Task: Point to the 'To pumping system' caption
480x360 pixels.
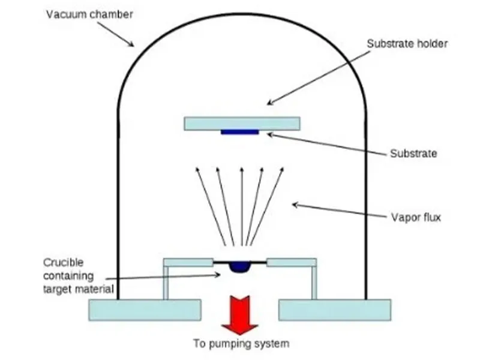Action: tap(241, 344)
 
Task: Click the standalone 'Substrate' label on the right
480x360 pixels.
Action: tap(413, 154)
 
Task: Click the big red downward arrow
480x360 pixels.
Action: tap(240, 314)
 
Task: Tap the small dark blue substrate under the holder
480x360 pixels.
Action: tap(240, 131)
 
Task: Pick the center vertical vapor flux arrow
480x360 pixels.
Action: tap(241, 204)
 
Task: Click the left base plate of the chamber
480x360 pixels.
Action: tap(145, 310)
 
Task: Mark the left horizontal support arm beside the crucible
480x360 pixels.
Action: tap(188, 262)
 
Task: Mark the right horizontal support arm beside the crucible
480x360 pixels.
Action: tap(292, 262)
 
